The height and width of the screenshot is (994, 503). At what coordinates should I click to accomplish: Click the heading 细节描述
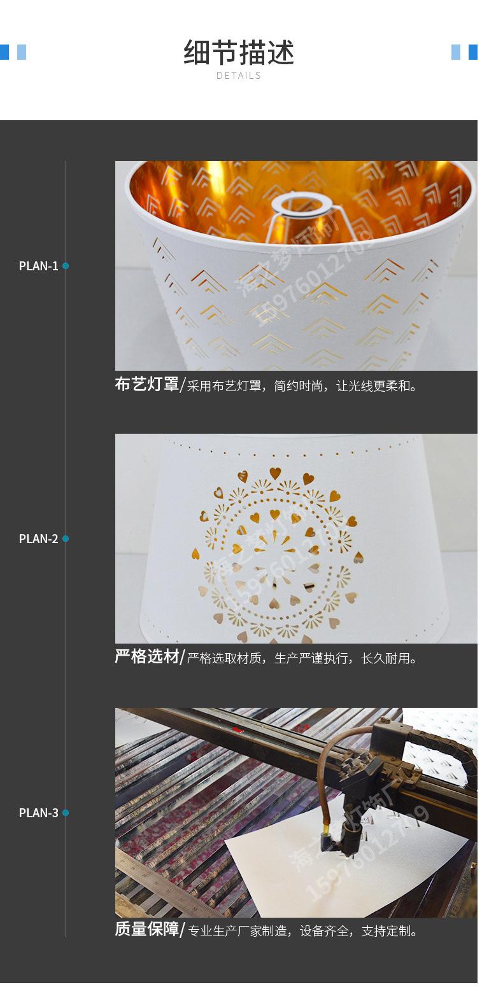[239, 53]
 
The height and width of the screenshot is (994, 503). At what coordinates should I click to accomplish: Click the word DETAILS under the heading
[239, 76]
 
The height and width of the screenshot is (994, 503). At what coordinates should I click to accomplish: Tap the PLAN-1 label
[38, 266]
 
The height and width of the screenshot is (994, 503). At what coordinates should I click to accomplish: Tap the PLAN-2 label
[38, 539]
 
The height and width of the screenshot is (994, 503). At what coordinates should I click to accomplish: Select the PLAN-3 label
[38, 813]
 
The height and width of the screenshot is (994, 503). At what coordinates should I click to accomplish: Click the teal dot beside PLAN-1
[66, 266]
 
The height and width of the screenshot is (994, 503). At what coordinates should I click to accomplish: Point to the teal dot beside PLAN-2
[66, 539]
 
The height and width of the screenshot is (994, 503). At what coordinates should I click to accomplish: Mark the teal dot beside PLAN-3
[66, 813]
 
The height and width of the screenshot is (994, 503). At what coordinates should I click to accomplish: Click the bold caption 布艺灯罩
[146, 385]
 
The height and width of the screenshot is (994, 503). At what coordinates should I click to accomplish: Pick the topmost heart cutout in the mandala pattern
[275, 473]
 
